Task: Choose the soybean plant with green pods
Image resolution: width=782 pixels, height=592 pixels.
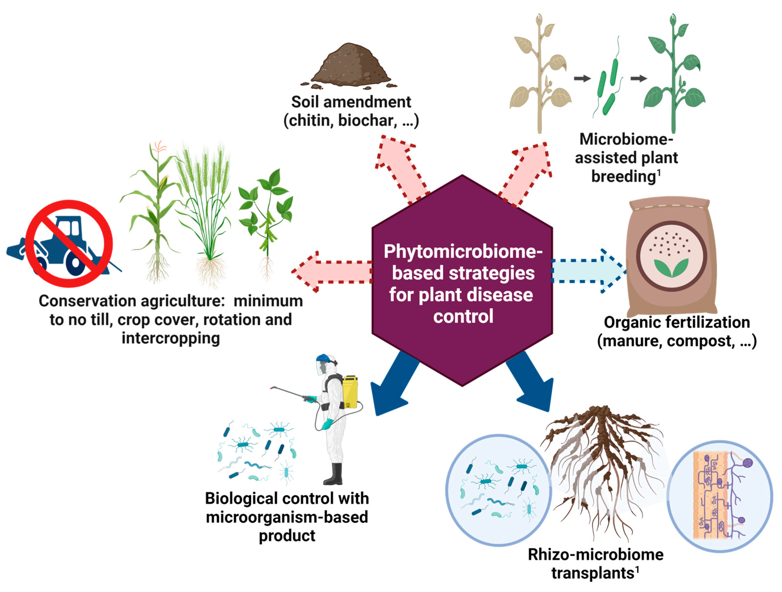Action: pyautogui.click(x=267, y=219)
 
